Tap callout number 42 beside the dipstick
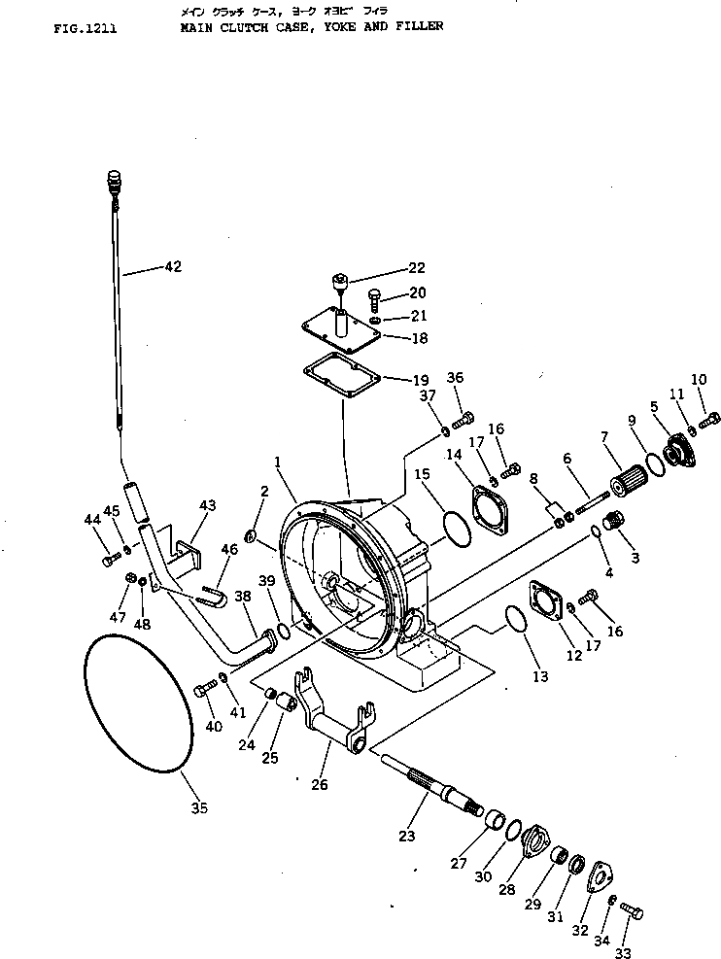[171, 266]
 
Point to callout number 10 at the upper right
[700, 379]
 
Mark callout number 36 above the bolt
[455, 378]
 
